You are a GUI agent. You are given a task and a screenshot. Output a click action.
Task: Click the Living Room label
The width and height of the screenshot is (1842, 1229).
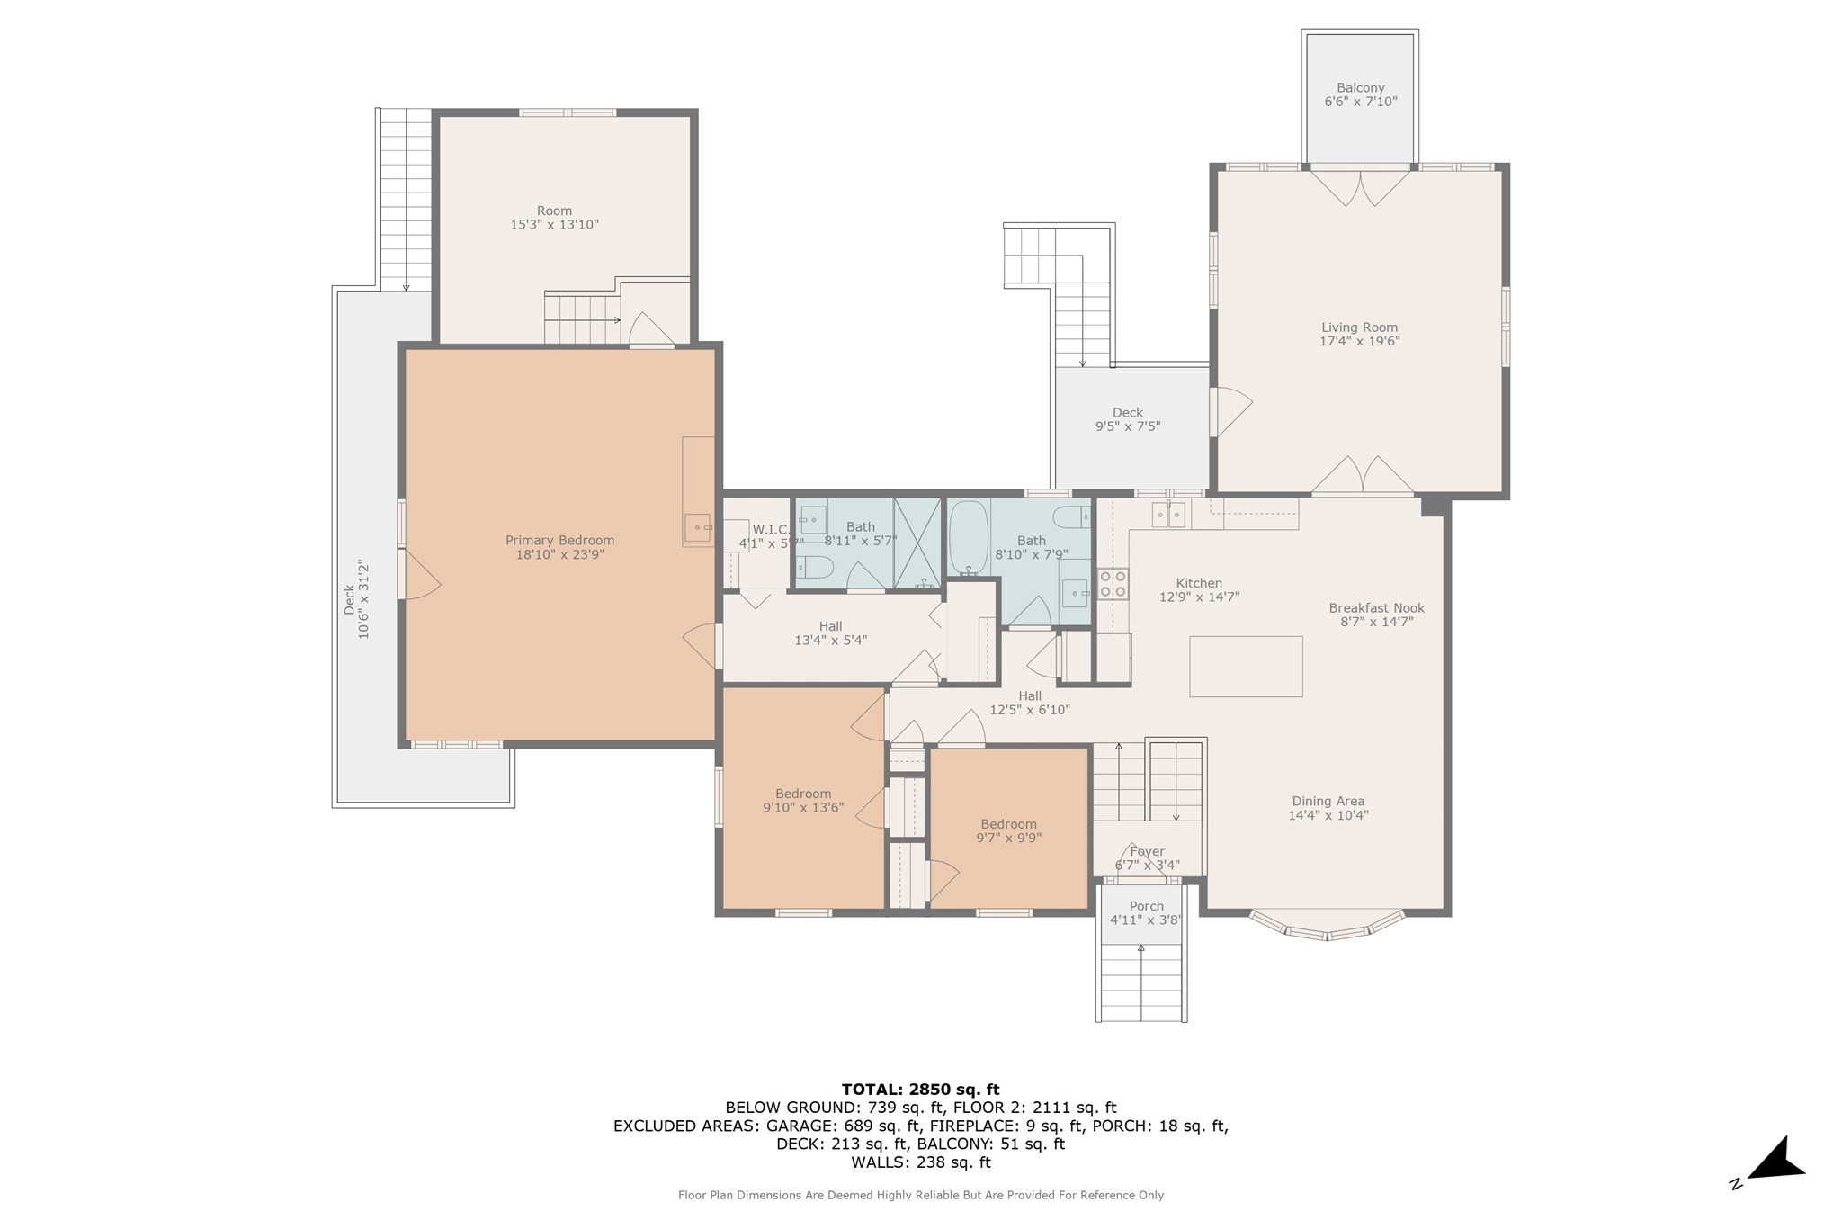pos(1359,327)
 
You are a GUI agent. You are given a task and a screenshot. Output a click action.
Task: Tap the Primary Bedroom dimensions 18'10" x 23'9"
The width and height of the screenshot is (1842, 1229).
pos(559,555)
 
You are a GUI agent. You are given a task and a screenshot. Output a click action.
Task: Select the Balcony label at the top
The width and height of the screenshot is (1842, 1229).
pos(1360,87)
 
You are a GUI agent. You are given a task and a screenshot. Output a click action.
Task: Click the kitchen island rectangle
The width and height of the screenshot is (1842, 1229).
pos(1246,666)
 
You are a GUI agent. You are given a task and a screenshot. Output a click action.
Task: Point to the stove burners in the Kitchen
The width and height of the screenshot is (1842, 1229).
pos(1113,584)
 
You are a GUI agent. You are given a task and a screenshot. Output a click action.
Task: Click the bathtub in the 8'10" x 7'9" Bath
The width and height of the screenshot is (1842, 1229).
pos(969,537)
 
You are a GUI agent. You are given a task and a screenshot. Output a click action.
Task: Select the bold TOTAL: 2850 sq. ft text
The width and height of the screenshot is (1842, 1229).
pos(920,1090)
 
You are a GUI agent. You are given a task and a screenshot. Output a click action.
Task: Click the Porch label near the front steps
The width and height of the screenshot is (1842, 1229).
pos(1146,906)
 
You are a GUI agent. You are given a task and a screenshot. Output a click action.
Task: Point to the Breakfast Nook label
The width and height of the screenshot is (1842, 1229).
pos(1376,608)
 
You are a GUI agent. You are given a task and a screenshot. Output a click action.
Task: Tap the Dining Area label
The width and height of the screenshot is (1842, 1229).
pos(1328,801)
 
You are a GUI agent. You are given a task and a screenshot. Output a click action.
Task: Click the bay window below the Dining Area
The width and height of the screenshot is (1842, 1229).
pos(1328,927)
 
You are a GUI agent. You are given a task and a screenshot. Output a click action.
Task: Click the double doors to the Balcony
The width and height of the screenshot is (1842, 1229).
pos(1359,186)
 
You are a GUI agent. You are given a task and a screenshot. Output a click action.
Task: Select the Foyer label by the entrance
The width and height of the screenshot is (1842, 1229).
pos(1147,851)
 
